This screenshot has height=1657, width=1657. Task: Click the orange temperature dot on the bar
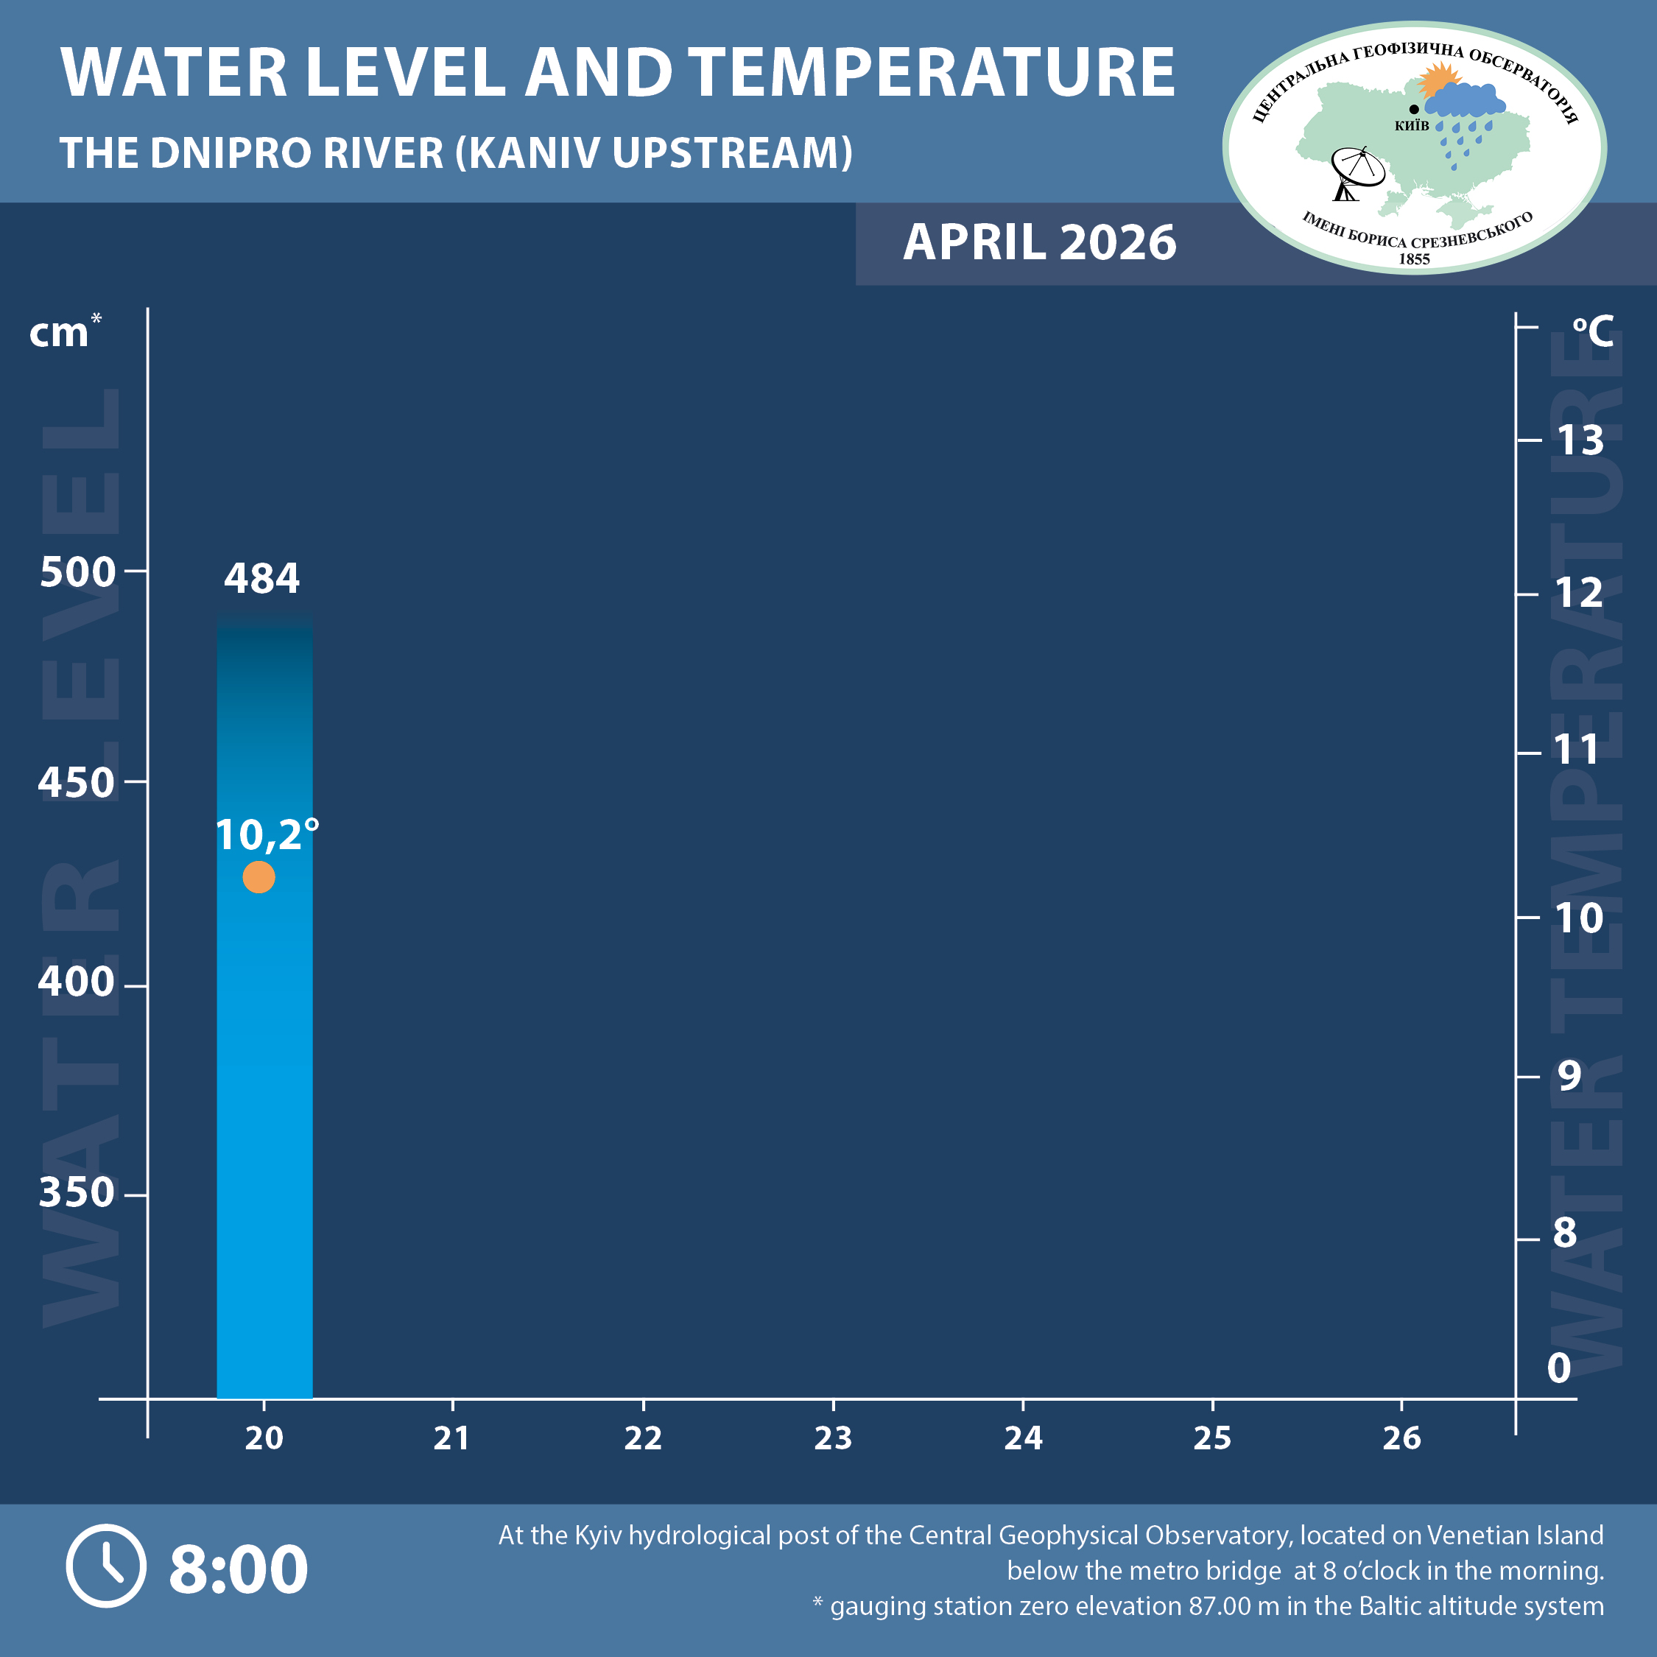point(258,877)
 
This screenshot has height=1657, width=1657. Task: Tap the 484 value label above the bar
point(261,578)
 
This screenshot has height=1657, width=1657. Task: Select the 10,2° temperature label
point(266,834)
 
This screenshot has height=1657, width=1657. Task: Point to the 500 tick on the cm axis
point(77,571)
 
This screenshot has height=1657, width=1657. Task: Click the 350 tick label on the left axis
point(77,1192)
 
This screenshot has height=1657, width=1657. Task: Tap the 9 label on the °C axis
point(1569,1074)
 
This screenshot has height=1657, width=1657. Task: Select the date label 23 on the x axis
point(833,1438)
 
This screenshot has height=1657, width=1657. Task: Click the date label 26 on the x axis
point(1401,1438)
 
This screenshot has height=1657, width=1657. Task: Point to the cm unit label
point(60,333)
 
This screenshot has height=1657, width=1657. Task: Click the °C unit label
point(1593,331)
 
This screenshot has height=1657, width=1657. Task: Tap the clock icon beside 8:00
point(106,1566)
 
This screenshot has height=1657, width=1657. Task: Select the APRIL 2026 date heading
point(1039,243)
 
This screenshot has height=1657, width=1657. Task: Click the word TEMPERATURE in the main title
point(932,72)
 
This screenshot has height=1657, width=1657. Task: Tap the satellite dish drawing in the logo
point(1355,172)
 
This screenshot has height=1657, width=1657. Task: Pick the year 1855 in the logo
point(1414,259)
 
